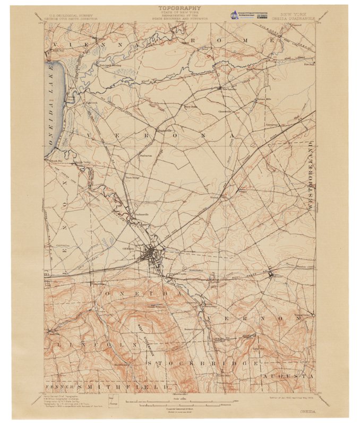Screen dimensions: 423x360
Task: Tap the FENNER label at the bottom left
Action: click(60, 387)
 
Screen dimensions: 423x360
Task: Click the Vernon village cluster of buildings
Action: click(271, 274)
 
